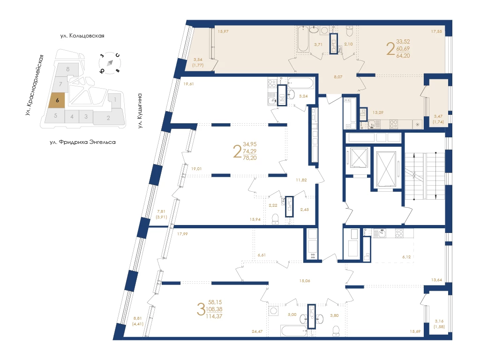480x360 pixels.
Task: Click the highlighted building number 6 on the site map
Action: click(x=57, y=100)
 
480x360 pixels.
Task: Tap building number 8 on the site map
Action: click(x=68, y=69)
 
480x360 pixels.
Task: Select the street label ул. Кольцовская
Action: click(x=82, y=36)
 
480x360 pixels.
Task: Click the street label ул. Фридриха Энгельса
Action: click(x=82, y=142)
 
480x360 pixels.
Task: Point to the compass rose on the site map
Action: click(x=110, y=63)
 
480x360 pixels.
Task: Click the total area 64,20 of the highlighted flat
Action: click(x=403, y=56)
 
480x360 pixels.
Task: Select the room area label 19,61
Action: click(x=188, y=84)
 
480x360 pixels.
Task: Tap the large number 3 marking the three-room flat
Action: click(x=201, y=309)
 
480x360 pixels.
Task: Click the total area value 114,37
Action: click(x=214, y=316)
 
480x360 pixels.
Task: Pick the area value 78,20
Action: click(x=250, y=158)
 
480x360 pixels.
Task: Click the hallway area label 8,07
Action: click(x=338, y=77)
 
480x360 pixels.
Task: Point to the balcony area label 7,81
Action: click(x=161, y=211)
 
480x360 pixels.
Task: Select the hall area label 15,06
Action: click(x=305, y=281)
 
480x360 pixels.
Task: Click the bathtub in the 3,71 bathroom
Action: click(x=304, y=38)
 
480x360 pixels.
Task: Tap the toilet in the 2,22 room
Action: click(x=276, y=219)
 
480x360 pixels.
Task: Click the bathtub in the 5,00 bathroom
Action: click(x=293, y=331)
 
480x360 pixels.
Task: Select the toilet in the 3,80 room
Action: click(x=336, y=331)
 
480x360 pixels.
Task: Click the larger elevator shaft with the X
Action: click(x=386, y=168)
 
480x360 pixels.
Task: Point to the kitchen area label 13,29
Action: click(x=378, y=112)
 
